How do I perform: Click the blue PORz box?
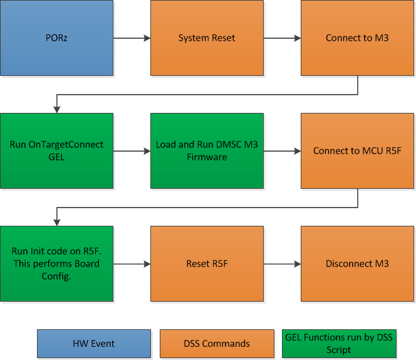pos(56,38)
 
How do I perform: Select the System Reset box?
pos(207,38)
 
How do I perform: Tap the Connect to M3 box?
pos(357,38)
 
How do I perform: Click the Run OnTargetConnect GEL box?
pos(56,151)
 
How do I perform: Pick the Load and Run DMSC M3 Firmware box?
pos(207,151)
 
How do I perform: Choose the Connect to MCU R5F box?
pos(357,151)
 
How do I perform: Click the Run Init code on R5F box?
pos(56,263)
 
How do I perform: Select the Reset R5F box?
pos(207,263)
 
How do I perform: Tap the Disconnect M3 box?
pos(357,263)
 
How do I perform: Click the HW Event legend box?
pos(94,344)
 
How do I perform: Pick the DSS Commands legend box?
pos(217,344)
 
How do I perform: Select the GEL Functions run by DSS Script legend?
pos(339,344)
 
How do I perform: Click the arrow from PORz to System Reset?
pos(132,38)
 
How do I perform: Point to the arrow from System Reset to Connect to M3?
pos(282,38)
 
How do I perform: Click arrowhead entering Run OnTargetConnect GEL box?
pos(57,109)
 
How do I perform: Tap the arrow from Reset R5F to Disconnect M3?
pos(282,264)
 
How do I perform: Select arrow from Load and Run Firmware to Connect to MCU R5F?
pos(282,151)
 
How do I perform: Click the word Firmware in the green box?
pos(207,157)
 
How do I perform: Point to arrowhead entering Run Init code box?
pos(57,222)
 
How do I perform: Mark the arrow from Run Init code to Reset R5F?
pos(132,264)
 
